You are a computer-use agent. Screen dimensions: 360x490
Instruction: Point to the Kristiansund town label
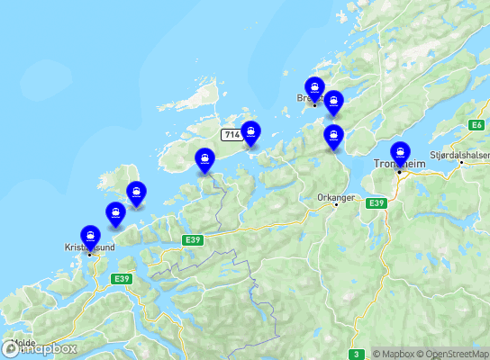tap(87, 246)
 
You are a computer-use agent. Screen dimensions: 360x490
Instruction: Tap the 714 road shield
tap(232, 135)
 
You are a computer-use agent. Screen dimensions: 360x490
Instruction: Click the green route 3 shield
tap(357, 354)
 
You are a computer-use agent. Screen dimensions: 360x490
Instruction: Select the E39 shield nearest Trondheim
tap(376, 204)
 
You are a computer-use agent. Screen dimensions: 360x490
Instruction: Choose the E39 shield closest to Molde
tap(122, 279)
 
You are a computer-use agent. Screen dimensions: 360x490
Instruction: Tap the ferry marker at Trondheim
tap(400, 155)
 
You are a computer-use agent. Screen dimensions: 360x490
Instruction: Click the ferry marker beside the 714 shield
tap(250, 133)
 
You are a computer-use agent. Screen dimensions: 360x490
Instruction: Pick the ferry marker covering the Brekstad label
tap(313, 89)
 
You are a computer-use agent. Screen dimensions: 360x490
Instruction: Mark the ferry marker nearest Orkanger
tap(333, 137)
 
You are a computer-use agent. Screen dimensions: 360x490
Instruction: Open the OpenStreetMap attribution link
tap(456, 354)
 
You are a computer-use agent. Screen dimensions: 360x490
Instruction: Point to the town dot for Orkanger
tap(336, 204)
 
